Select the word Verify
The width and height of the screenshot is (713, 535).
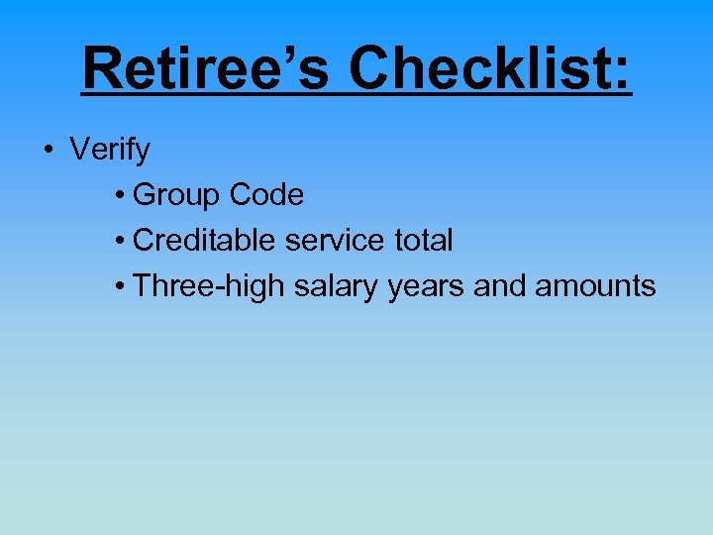[x=110, y=151]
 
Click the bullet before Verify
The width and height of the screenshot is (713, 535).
[x=47, y=152]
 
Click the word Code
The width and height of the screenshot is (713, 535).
[x=265, y=195]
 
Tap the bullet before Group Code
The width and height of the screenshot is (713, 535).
[x=118, y=197]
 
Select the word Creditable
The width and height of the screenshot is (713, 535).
[x=205, y=240]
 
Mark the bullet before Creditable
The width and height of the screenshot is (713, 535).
[x=118, y=242]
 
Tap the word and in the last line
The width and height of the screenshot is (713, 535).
[x=500, y=286]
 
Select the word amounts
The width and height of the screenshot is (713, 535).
[x=595, y=286]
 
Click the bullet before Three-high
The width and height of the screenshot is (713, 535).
[x=118, y=287]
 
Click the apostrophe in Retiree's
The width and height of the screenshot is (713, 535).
[x=313, y=52]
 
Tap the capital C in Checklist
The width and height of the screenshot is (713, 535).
[x=371, y=68]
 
